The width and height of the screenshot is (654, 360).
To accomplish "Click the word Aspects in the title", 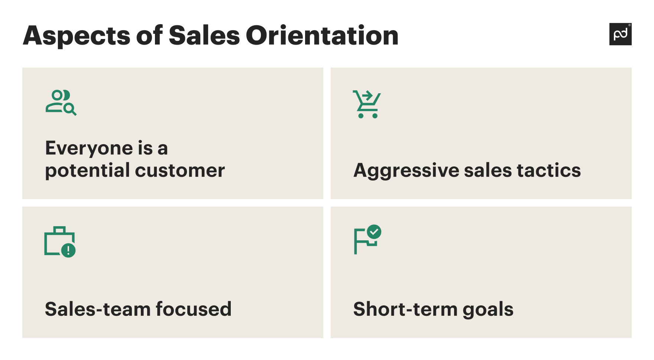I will [77, 36].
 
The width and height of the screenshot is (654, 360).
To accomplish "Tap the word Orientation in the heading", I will [322, 36].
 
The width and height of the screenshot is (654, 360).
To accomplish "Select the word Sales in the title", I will [204, 36].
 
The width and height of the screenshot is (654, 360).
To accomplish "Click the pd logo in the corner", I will [620, 34].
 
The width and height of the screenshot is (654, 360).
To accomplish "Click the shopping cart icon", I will [367, 104].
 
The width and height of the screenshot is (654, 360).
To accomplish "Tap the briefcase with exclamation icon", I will [59, 241].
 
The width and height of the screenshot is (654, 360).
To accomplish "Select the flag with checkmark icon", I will [367, 239].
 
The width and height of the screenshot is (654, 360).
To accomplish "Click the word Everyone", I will [89, 148].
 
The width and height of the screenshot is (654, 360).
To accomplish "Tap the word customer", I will [180, 171].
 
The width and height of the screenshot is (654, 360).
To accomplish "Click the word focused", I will [193, 309].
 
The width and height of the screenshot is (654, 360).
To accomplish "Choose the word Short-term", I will [405, 309].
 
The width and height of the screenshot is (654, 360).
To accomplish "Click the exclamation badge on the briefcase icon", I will [68, 250].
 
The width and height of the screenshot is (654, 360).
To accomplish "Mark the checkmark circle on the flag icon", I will [374, 232].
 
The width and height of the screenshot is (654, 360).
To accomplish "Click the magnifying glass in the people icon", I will [69, 109].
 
